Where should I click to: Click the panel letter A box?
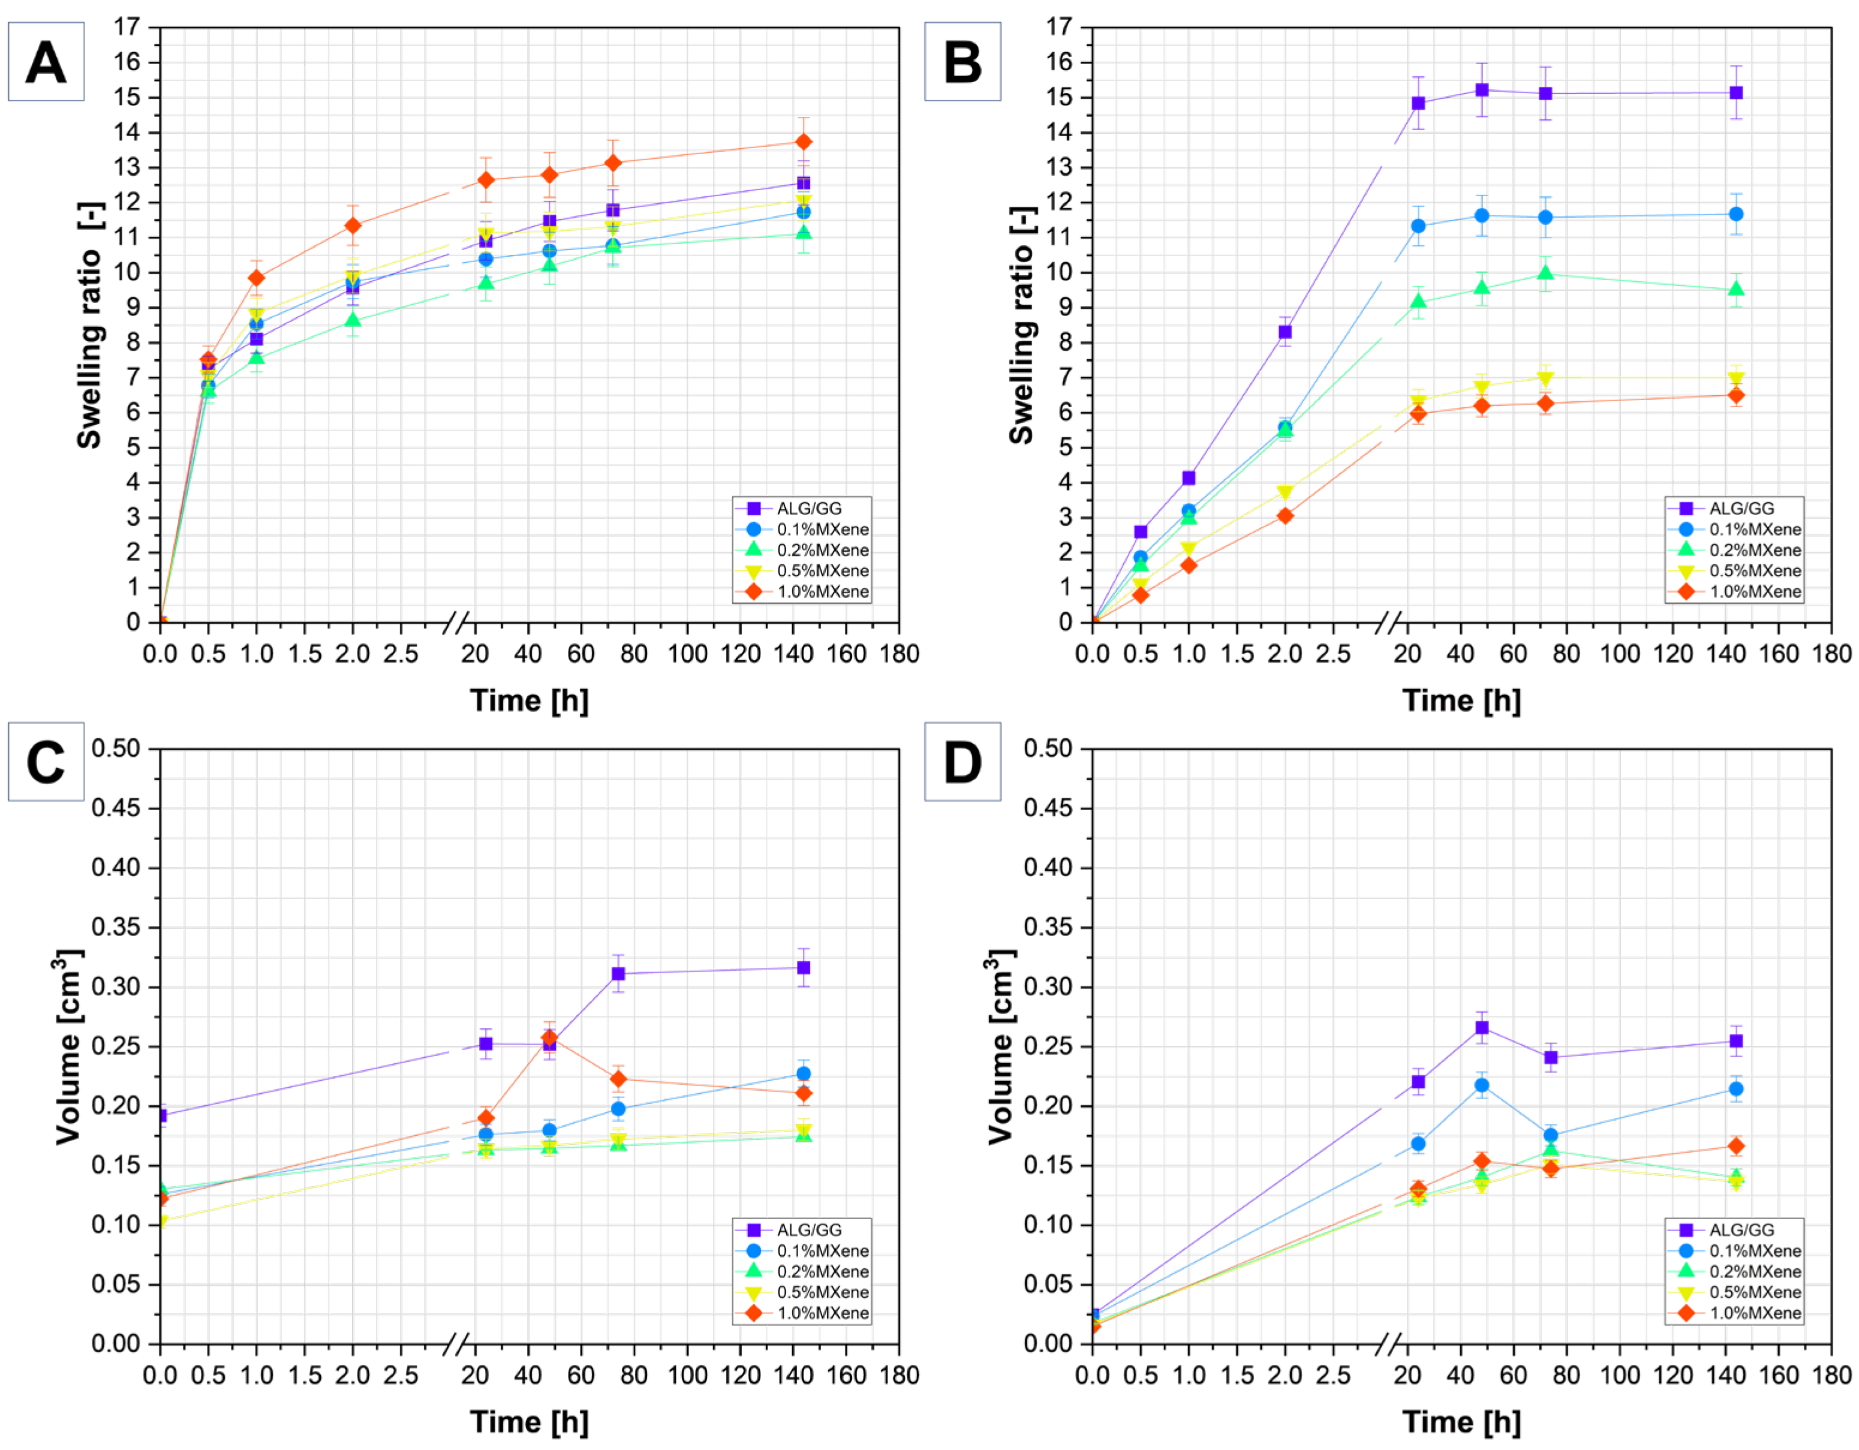point(46,62)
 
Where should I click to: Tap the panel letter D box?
point(962,762)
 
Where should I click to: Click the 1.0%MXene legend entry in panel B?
point(1754,591)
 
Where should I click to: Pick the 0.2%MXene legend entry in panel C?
point(822,1271)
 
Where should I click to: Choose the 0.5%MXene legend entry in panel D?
point(1754,1292)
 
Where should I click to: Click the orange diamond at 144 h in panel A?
point(803,142)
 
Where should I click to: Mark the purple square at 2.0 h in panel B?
point(1285,332)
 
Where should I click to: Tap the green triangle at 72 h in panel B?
point(1545,273)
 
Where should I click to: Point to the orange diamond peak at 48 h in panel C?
point(549,1039)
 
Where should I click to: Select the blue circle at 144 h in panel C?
point(803,1074)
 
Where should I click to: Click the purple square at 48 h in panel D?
point(1482,1027)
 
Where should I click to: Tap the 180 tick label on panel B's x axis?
point(1831,654)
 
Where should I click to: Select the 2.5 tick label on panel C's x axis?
point(400,1375)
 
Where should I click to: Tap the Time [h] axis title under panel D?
point(1461,1422)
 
